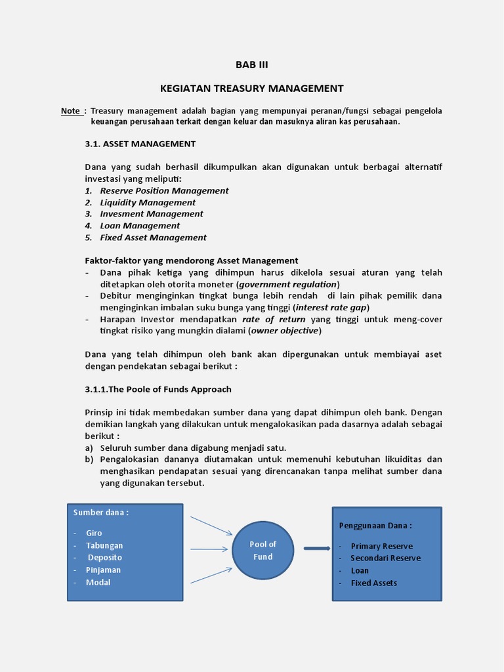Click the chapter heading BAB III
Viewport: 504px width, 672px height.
click(252, 64)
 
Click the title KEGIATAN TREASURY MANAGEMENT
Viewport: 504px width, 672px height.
click(252, 88)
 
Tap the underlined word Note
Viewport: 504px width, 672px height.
click(71, 111)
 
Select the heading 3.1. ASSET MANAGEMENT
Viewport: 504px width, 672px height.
click(140, 144)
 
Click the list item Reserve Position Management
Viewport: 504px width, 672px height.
click(164, 190)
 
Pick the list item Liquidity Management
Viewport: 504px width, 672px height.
click(148, 202)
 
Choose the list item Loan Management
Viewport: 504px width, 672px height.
click(140, 226)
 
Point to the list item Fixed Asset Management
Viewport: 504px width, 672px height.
click(153, 238)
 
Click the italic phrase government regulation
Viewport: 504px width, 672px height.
click(288, 284)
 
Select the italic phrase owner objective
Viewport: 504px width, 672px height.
click(285, 331)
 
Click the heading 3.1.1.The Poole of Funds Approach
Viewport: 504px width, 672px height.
click(158, 389)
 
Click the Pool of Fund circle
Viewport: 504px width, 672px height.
click(263, 550)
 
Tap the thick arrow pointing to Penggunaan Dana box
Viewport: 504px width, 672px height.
click(316, 549)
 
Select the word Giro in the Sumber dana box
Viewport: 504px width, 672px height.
click(94, 533)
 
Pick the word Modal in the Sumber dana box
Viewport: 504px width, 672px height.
click(98, 582)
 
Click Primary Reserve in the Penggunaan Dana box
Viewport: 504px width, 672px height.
click(381, 546)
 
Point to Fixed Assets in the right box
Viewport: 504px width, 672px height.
click(373, 583)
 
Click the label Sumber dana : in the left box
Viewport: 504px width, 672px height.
click(101, 513)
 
